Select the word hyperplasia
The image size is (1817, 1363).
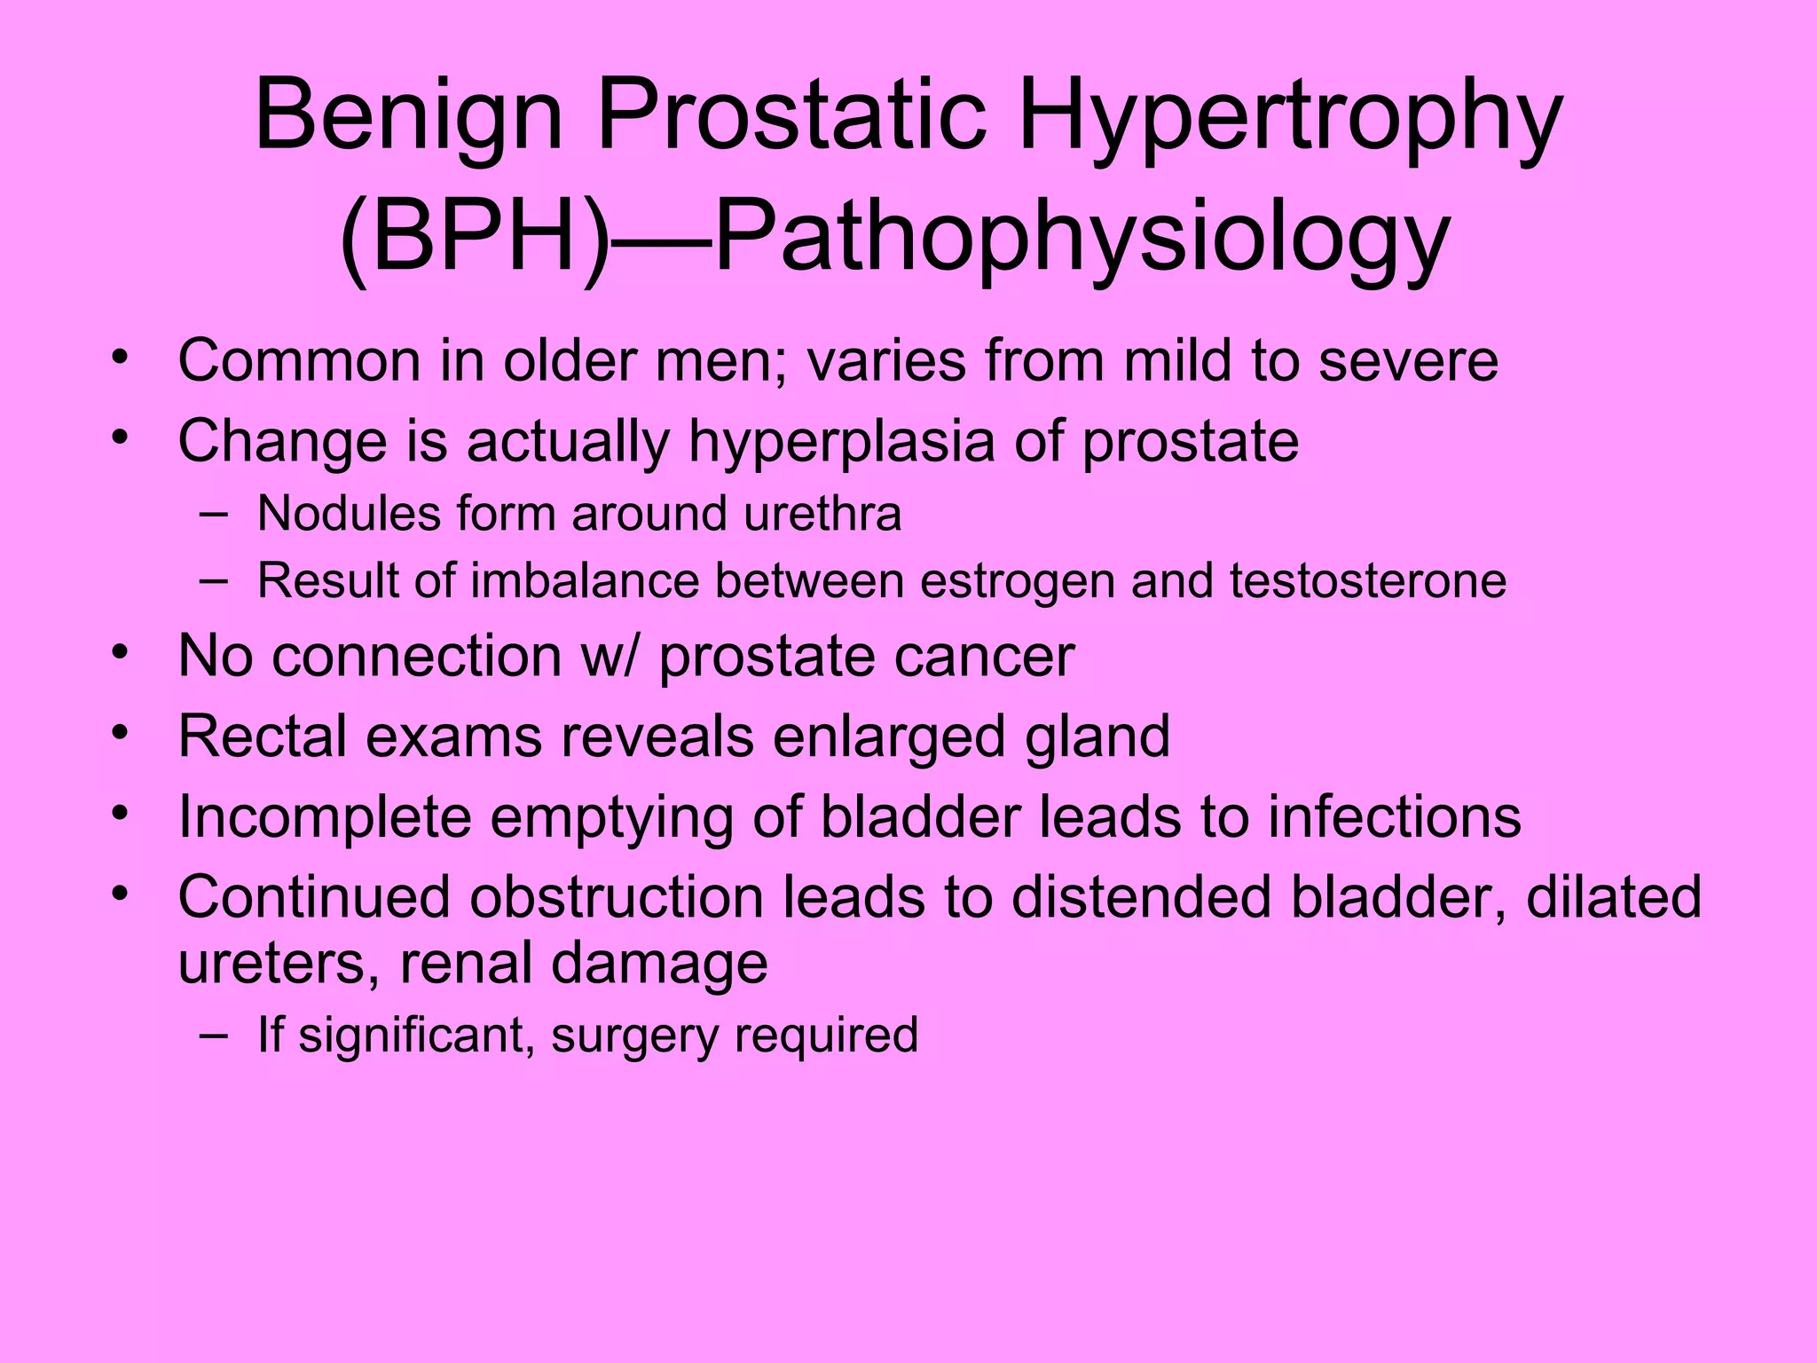(841, 441)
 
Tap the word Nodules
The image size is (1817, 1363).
(349, 514)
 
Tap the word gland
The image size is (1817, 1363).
(1097, 737)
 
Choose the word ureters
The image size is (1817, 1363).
(279, 964)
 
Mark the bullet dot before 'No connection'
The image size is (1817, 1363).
(121, 651)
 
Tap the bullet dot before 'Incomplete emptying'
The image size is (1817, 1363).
(121, 812)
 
